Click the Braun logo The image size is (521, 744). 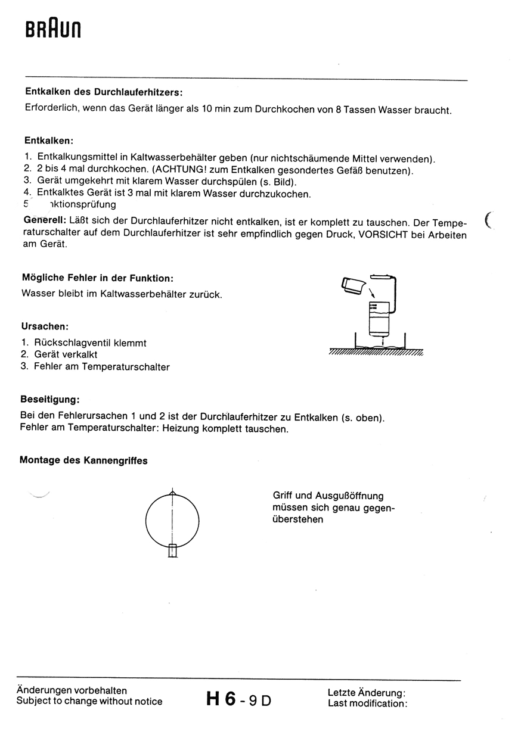coord(53,29)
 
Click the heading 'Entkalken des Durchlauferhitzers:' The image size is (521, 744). coord(103,92)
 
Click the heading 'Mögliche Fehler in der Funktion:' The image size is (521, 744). coord(97,278)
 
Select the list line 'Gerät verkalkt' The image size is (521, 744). coord(66,355)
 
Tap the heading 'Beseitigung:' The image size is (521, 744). coord(49,399)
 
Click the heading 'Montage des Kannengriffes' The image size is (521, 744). coord(83,460)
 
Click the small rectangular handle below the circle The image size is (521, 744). coord(173,550)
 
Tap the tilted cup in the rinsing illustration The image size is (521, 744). coord(354,285)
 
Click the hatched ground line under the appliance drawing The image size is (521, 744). coord(376,352)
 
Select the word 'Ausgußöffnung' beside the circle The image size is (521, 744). coord(350,496)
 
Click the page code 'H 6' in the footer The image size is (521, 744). coord(221,698)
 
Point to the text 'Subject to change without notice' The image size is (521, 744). coord(89,702)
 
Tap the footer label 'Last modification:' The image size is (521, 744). coord(367,703)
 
